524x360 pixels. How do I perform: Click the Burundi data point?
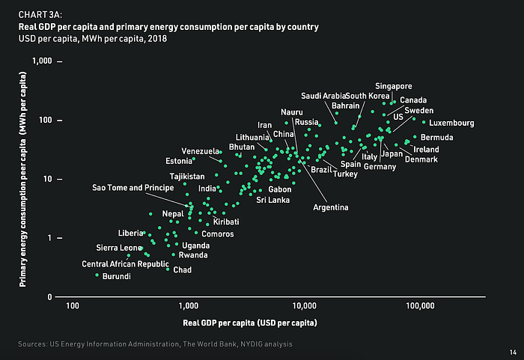[x=97, y=275]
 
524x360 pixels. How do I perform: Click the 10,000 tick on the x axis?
[x=305, y=306]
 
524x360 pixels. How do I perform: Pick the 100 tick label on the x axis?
[x=73, y=306]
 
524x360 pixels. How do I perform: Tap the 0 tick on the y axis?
[x=50, y=297]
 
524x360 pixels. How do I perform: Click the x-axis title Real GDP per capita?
[x=249, y=323]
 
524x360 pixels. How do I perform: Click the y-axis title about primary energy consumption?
[x=23, y=178]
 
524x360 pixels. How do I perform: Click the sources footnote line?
[x=155, y=344]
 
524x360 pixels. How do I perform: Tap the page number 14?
[x=512, y=352]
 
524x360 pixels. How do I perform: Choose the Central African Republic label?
[x=125, y=264]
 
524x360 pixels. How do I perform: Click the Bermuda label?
[x=436, y=138]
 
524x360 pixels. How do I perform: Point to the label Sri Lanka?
[x=272, y=200]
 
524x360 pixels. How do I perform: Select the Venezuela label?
[x=200, y=151]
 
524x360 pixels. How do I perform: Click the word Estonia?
[x=179, y=161]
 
